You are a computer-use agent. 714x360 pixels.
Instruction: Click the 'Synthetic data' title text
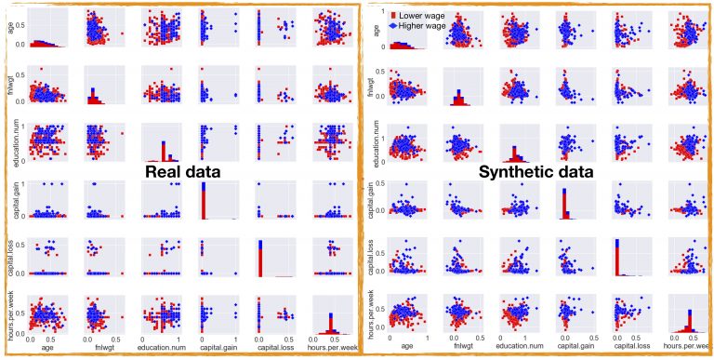tap(536, 172)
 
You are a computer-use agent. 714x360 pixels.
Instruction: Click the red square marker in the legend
tap(380, 15)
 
